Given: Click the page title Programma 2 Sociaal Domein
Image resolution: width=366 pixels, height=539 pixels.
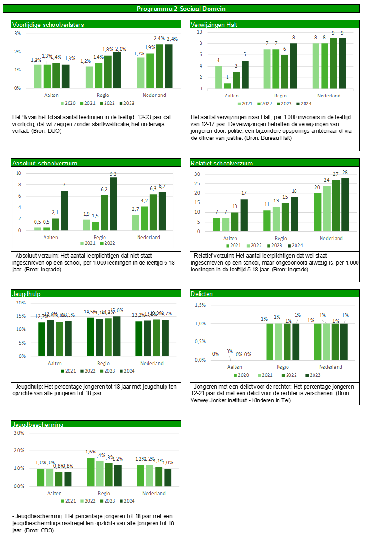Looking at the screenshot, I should pos(181,9).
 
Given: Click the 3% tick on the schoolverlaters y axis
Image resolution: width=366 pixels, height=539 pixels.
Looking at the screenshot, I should pos(17,34).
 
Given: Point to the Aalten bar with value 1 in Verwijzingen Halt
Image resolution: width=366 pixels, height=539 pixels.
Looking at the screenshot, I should pos(227,86).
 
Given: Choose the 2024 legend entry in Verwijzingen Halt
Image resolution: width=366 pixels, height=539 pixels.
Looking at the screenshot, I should pos(305,104).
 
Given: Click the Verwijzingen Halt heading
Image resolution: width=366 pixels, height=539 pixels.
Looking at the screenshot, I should pos(214,25).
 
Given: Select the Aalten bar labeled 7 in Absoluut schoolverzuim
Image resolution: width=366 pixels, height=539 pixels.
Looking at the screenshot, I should pos(64,210).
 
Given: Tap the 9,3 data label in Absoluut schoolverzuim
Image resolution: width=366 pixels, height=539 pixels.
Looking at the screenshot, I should pos(113,174).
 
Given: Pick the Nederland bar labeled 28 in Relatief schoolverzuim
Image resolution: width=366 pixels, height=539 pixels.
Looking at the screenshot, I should pos(345,205).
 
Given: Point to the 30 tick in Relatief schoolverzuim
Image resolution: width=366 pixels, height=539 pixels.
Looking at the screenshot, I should pos(198,174).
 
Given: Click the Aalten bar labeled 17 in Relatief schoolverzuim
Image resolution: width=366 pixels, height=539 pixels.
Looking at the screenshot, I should pos(244,215).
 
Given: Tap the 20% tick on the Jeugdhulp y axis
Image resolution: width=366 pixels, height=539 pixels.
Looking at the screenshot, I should pos(21,303).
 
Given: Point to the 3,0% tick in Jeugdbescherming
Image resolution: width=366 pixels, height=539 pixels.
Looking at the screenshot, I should pos(18,433).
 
